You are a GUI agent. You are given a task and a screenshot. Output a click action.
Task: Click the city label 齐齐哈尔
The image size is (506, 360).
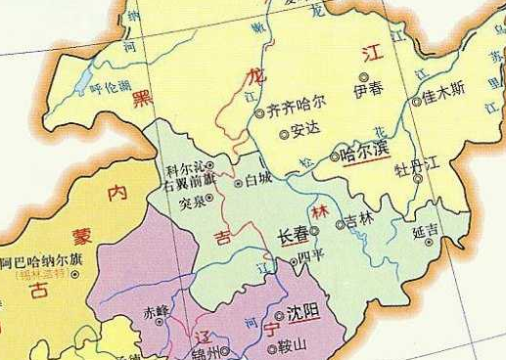pos(296,101)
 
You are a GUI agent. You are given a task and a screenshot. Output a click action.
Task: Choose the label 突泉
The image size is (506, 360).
pos(194,202)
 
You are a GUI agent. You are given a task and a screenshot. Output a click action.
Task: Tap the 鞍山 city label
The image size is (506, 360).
pos(292,344)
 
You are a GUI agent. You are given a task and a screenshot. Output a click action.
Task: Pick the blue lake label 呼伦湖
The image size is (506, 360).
pos(109,88)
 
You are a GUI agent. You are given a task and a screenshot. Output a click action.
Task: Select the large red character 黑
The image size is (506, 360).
pos(144,95)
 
